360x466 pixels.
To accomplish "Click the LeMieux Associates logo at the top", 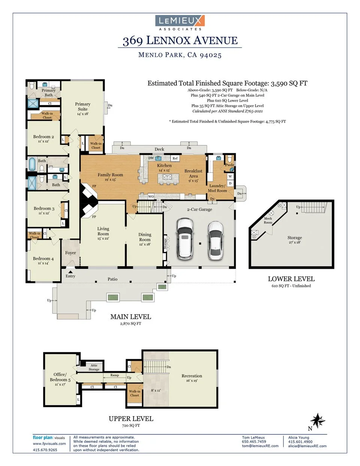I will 180,22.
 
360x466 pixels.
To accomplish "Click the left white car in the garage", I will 185,239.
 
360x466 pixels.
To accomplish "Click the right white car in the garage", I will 215,240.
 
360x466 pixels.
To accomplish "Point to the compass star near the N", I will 318,421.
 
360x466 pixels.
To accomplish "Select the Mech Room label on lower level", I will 268,220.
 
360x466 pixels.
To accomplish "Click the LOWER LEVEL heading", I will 291,279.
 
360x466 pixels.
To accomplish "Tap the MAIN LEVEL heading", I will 130,317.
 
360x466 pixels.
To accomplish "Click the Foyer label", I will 70,253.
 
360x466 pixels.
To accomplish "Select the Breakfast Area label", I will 193,173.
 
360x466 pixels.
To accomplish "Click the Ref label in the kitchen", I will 175,158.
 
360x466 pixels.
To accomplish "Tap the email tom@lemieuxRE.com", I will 260,446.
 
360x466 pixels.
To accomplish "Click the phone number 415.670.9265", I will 45,450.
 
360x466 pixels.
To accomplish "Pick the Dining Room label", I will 145,237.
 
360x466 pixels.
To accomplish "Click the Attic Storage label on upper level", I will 94,367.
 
